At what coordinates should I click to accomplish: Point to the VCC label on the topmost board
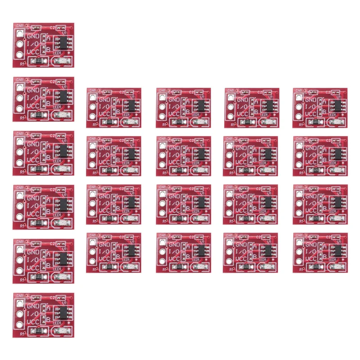(x=33, y=52)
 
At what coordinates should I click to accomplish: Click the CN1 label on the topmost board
(x=19, y=26)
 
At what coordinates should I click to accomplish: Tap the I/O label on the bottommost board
(x=33, y=314)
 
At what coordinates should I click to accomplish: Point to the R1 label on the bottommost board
(x=22, y=334)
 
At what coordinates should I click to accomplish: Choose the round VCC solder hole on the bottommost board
(x=19, y=324)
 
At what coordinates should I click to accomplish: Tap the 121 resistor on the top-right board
(x=316, y=122)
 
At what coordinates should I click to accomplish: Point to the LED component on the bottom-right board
(x=337, y=267)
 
